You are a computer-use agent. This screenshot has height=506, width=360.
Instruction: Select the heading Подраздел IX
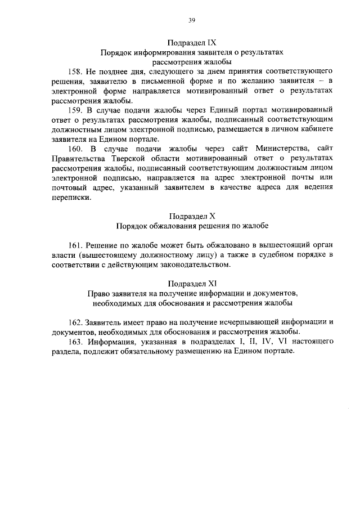tap(191, 42)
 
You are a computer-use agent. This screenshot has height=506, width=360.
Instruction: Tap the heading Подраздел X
tap(191, 216)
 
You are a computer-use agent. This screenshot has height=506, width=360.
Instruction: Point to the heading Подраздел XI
tap(191, 283)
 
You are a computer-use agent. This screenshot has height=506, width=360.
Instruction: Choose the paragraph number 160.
tap(76, 149)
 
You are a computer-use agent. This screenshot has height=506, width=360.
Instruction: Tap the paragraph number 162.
tap(76, 323)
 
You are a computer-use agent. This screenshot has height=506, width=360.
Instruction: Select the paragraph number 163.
tap(76, 342)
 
